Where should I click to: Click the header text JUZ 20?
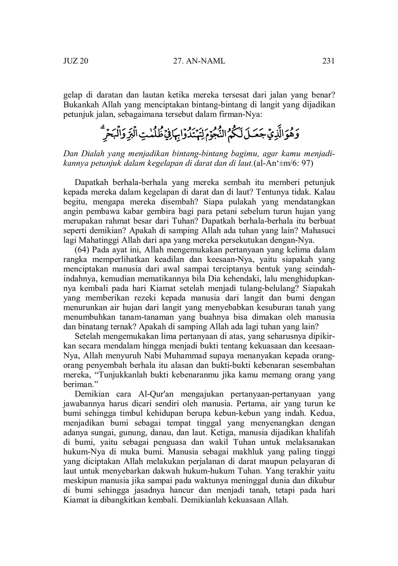[x=76, y=61]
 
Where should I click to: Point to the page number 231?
[x=329, y=61]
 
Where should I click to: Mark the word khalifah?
[x=317, y=432]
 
